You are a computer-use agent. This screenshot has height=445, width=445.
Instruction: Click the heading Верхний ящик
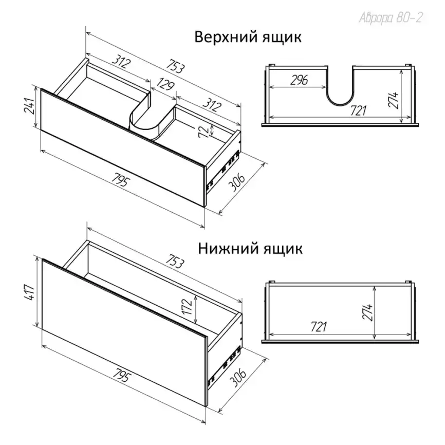248,38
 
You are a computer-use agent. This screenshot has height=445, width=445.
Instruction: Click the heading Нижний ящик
250,249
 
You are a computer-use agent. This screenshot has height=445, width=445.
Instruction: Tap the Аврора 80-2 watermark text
391,17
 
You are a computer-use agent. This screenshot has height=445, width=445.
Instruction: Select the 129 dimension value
165,84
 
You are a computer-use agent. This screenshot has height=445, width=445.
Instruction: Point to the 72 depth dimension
203,131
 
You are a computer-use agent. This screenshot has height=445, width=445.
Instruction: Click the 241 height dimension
29,106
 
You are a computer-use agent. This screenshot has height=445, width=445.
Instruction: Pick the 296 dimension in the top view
299,80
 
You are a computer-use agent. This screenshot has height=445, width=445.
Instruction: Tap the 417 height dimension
30,292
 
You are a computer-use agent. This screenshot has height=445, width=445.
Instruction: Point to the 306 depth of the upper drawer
237,183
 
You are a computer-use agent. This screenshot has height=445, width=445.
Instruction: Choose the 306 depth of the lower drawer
238,378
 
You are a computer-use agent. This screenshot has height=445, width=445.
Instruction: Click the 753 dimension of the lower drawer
175,263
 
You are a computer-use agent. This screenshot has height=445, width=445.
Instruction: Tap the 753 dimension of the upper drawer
175,67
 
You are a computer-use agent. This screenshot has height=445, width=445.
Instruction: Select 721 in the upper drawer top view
358,110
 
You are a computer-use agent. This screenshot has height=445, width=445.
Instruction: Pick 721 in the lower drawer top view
319,327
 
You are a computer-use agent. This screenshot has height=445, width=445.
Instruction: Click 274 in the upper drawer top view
394,101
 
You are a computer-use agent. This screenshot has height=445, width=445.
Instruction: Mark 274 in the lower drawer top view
368,312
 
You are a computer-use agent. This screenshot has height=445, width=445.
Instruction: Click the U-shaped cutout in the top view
340,105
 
